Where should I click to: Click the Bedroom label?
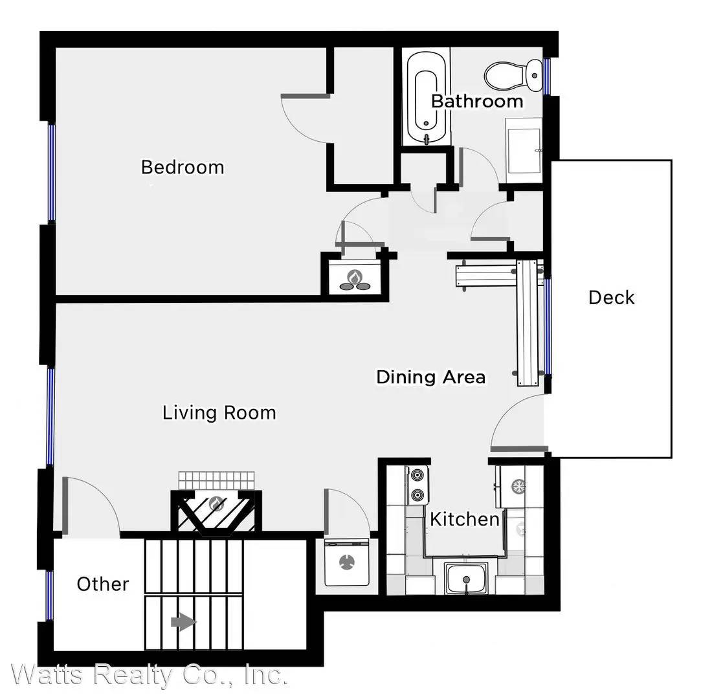tap(183, 167)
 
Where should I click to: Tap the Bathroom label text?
tap(477, 101)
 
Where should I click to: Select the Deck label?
tap(611, 298)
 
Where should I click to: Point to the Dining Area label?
tap(431, 377)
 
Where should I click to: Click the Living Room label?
tap(219, 412)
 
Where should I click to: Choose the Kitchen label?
tap(465, 519)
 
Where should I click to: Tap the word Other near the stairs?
tap(103, 584)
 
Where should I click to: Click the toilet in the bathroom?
tap(514, 74)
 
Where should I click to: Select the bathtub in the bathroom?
tap(426, 99)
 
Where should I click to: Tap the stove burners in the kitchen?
tap(418, 485)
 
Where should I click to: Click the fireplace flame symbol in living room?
tap(216, 504)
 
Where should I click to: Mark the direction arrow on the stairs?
tap(183, 623)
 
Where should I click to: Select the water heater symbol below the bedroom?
tap(354, 279)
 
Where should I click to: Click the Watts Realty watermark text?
tap(149, 676)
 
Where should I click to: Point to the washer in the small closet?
tap(347, 563)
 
